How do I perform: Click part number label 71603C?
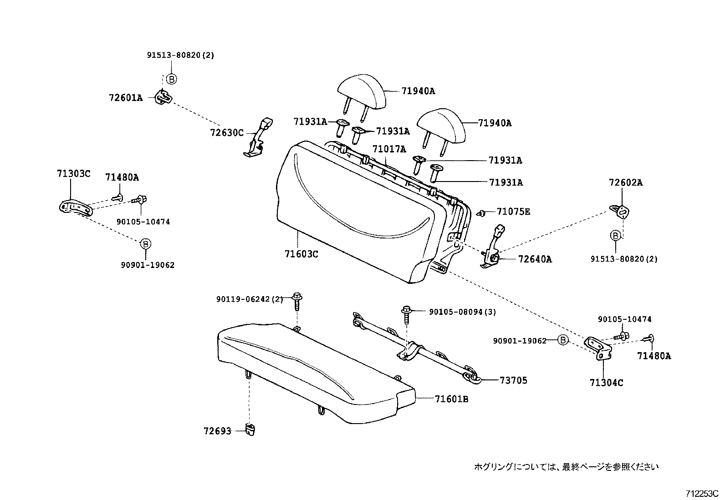click(x=301, y=254)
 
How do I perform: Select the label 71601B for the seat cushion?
click(x=451, y=399)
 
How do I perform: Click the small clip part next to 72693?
click(x=250, y=429)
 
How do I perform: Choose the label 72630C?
click(x=227, y=133)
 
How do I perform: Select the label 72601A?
click(x=126, y=97)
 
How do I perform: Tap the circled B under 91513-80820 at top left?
click(x=171, y=79)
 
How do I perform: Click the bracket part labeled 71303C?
click(x=76, y=207)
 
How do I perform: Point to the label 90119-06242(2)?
click(x=249, y=299)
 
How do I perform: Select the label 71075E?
click(x=513, y=212)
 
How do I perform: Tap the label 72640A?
click(x=535, y=259)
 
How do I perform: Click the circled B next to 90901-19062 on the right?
click(x=563, y=340)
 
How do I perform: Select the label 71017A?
click(x=389, y=149)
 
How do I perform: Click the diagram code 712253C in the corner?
click(x=702, y=493)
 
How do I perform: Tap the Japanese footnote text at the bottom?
click(x=566, y=466)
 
